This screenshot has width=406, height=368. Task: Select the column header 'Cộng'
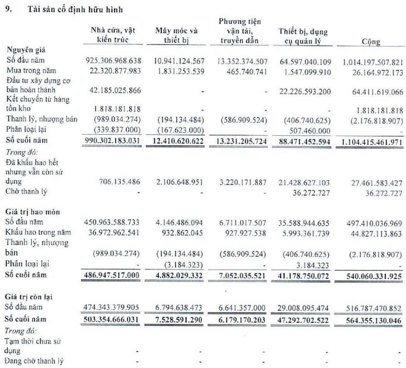pyautogui.click(x=371, y=41)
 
